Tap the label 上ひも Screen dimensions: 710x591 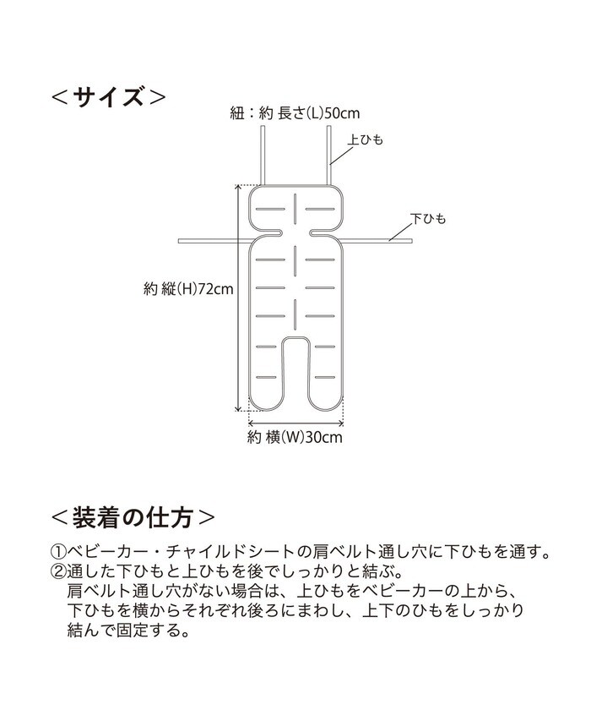pyautogui.click(x=366, y=139)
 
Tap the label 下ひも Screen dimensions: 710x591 pyautogui.click(x=428, y=219)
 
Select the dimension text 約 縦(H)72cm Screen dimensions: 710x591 pyautogui.click(x=187, y=289)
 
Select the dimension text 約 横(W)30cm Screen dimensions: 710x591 pyautogui.click(x=295, y=437)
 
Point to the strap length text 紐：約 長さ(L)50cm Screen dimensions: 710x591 pyautogui.click(x=295, y=112)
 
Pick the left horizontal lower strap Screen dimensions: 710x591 pyautogui.click(x=211, y=242)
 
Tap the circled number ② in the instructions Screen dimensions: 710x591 pyautogui.click(x=58, y=572)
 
